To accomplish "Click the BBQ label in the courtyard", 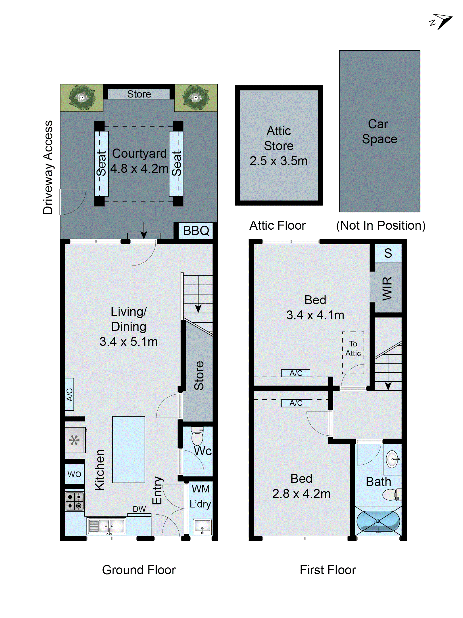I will [x=196, y=231].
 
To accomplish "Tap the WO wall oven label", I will [x=74, y=474].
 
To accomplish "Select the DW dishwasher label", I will [x=139, y=509].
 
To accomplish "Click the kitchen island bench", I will [x=129, y=450].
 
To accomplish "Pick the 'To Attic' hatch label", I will [x=353, y=348].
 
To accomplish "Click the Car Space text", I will [x=379, y=131].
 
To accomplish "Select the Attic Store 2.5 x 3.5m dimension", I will [x=279, y=161].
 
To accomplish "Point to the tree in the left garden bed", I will [x=82, y=97].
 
